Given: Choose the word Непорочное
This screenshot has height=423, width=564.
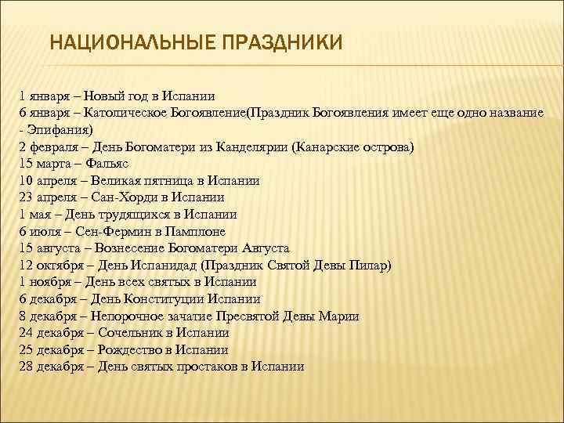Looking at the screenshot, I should point(130,316).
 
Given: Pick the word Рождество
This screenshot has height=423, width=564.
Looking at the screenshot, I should point(132,349).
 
